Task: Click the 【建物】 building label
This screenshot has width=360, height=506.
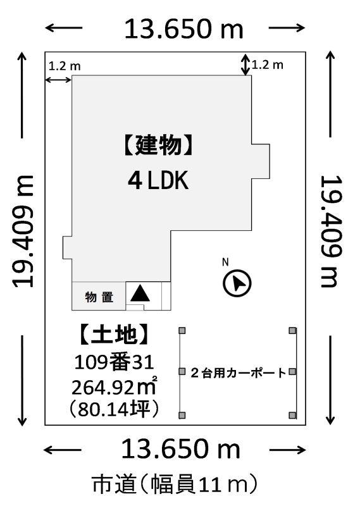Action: pyautogui.click(x=158, y=145)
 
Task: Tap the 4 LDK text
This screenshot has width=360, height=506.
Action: pyautogui.click(x=158, y=180)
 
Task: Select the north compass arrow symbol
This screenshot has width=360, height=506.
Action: pyautogui.click(x=237, y=283)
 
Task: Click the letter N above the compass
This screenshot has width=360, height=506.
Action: pyautogui.click(x=225, y=262)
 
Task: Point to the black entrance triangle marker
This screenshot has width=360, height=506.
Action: pyautogui.click(x=140, y=293)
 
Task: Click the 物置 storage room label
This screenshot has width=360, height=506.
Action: pyautogui.click(x=99, y=297)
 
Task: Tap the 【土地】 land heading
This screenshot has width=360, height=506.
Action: pyautogui.click(x=115, y=335)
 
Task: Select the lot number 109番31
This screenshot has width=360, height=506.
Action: pyautogui.click(x=114, y=362)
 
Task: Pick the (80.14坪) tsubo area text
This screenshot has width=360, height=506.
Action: pyautogui.click(x=114, y=409)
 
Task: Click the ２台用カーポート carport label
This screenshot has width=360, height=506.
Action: pyautogui.click(x=239, y=373)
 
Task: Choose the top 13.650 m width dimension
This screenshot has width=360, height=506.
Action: pyautogui.click(x=183, y=29)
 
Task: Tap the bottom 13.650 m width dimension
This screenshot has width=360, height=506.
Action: pyautogui.click(x=181, y=449)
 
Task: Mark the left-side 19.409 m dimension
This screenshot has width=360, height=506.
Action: pyautogui.click(x=23, y=231)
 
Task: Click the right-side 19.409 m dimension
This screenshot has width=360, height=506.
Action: pyautogui.click(x=330, y=231)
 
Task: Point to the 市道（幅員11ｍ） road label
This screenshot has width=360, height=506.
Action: pyautogui.click(x=175, y=484)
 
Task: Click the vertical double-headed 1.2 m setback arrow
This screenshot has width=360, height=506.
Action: pyautogui.click(x=246, y=65)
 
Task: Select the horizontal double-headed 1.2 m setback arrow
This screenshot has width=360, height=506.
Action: pyautogui.click(x=58, y=80)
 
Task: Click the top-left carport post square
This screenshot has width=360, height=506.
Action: pyautogui.click(x=182, y=330)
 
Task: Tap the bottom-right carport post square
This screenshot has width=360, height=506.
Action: pyautogui.click(x=292, y=415)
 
